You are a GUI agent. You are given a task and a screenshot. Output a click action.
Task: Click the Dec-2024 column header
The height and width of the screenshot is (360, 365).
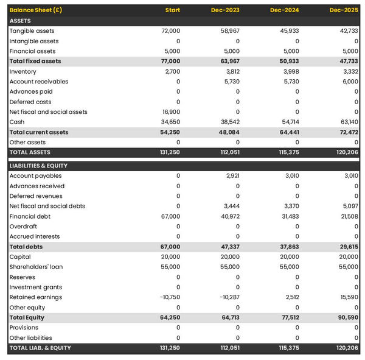287,10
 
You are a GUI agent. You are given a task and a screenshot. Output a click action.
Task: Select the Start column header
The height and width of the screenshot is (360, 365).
173,10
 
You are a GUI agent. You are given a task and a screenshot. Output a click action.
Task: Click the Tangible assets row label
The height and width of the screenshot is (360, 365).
32,31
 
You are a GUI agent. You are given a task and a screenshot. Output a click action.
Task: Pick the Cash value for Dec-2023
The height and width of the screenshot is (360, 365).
229,122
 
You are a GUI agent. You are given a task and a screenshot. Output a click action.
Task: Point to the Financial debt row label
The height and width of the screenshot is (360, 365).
30,216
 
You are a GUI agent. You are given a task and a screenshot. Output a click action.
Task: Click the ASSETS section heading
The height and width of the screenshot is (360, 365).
20,21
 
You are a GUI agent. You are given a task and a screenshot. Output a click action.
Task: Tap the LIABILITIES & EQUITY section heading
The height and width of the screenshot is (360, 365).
38,166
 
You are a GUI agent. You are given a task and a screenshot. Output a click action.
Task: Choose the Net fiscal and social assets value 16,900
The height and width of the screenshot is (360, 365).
170,112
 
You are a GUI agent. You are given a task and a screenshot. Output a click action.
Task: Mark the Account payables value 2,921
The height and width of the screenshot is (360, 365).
232,176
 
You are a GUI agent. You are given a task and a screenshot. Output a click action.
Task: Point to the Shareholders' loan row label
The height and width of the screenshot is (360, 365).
36,267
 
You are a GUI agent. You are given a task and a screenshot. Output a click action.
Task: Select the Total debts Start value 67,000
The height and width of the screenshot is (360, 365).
170,247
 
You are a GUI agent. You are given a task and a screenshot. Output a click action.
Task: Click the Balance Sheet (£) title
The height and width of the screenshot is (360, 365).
35,10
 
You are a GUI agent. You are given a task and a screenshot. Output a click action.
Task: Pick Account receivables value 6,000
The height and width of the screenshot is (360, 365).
350,82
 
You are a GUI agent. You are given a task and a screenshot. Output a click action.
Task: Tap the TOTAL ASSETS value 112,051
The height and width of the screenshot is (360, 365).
228,152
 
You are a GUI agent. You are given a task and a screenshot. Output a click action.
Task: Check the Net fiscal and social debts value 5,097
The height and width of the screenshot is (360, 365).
350,206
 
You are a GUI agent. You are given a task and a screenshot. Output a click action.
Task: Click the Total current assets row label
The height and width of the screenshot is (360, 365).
39,132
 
